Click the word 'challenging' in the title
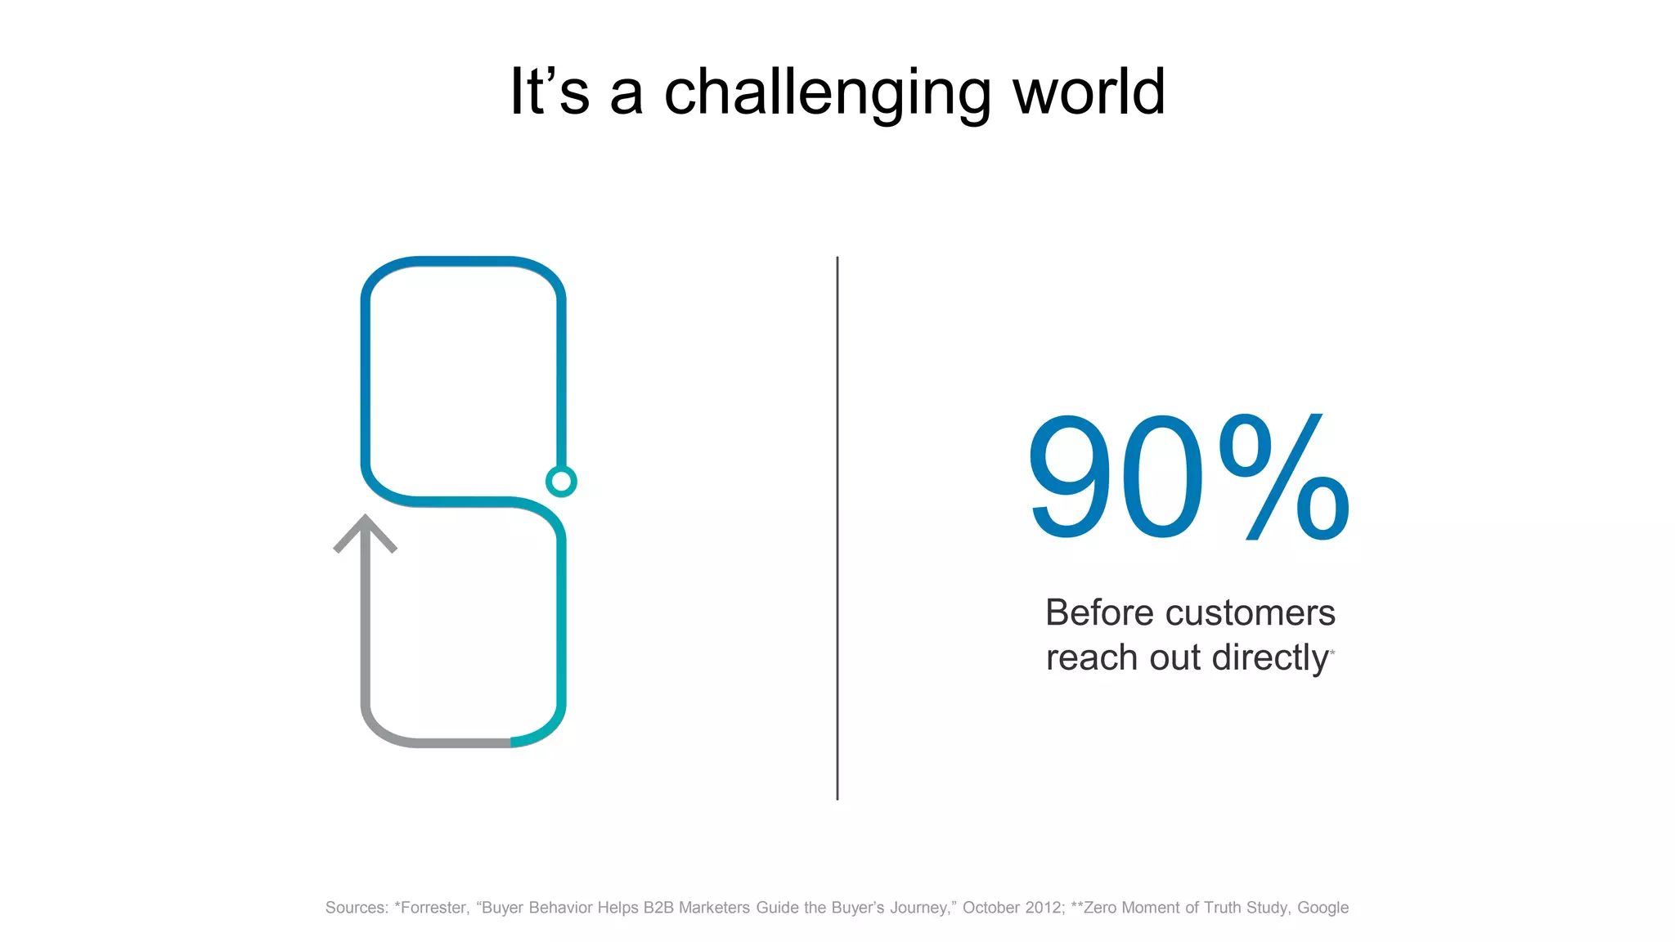pos(827,93)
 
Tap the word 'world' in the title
pos(1089,92)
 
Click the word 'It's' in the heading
pos(549,92)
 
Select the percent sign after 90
pos(1283,477)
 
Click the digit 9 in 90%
pos(1074,477)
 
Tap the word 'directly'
pos(1270,658)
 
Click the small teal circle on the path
pos(561,481)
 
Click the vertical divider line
pos(837,527)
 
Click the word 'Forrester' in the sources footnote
pos(433,908)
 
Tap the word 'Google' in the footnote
pos(1322,908)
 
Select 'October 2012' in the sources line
pos(1013,908)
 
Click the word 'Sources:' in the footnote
pos(357,908)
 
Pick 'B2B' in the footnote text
pos(658,908)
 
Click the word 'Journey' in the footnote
pos(920,908)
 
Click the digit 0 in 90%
pos(1164,477)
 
